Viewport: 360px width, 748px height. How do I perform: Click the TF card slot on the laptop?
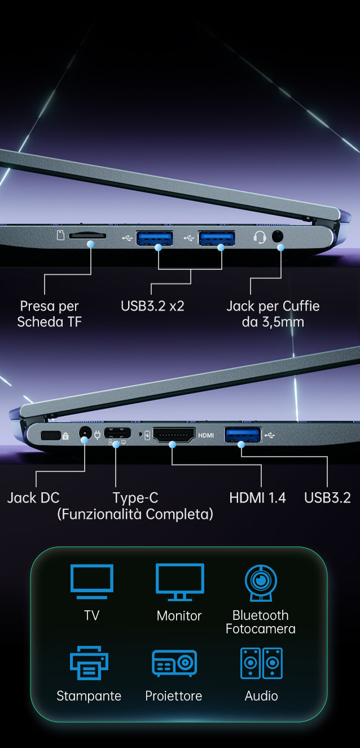[87, 236]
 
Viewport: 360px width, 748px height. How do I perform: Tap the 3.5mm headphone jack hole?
[278, 237]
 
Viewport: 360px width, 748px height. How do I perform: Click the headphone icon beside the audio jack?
[260, 237]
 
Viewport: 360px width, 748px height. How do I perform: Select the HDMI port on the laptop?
[174, 435]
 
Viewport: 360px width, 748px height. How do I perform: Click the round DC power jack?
[85, 434]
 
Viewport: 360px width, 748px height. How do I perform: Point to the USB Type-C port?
[117, 433]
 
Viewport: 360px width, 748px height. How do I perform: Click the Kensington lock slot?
[50, 436]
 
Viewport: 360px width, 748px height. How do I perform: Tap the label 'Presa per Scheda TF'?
[50, 314]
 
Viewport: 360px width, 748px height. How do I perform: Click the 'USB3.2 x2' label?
[152, 306]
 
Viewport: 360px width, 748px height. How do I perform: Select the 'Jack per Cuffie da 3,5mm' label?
[273, 314]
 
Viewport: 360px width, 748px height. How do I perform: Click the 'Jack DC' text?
[33, 498]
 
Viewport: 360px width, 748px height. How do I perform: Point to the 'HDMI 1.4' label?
[257, 498]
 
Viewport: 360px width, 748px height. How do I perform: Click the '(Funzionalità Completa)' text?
[135, 514]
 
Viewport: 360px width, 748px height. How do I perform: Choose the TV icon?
[92, 581]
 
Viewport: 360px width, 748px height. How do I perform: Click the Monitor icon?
[180, 582]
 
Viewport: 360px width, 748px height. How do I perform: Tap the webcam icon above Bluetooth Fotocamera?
[261, 583]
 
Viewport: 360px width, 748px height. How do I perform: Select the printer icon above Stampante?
[89, 663]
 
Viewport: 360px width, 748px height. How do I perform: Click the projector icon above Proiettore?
[174, 663]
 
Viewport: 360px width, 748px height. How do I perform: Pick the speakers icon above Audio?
[262, 663]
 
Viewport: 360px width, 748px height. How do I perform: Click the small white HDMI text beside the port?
[206, 435]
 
